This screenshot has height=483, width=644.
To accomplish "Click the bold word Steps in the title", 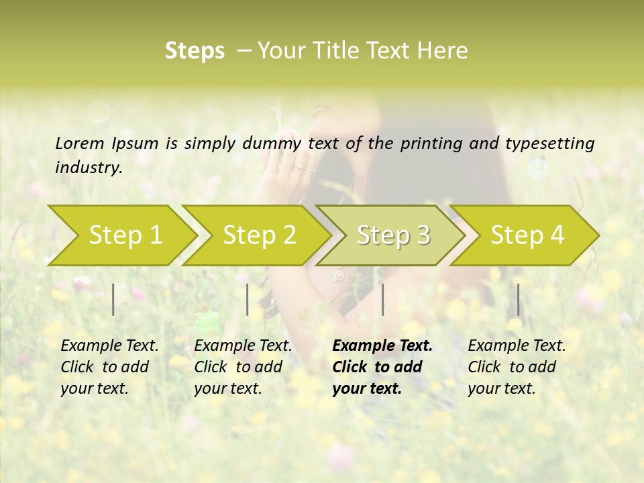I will click(195, 51).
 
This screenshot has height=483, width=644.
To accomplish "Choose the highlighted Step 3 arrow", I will click(393, 235).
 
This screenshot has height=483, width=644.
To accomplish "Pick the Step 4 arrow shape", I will click(527, 235).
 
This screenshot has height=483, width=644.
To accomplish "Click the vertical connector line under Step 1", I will click(113, 299).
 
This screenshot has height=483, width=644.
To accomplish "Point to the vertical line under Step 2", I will click(248, 299).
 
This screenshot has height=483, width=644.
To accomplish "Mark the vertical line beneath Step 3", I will click(382, 299).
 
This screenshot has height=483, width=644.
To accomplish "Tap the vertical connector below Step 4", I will click(518, 299).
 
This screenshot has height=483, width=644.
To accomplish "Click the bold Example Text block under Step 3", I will click(382, 367).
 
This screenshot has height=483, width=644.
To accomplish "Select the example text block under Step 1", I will click(109, 367).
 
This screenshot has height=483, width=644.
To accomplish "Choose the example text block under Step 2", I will click(243, 367).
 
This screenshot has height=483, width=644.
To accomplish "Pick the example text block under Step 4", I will click(517, 367).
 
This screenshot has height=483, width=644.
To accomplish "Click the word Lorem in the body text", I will click(80, 143).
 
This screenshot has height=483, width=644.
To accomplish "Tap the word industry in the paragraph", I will click(89, 167).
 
